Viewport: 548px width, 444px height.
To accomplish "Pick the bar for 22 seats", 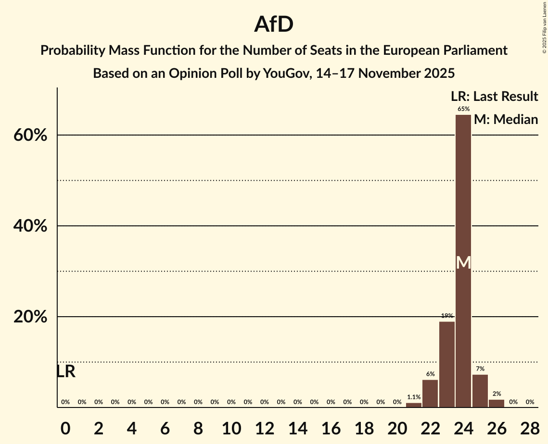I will tap(430, 394).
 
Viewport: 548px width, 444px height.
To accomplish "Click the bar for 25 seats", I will tap(480, 391).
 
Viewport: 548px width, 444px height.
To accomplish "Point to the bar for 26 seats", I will tap(497, 403).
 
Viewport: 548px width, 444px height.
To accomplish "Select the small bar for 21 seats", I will tap(414, 405).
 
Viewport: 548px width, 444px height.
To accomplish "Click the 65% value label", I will tap(463, 109).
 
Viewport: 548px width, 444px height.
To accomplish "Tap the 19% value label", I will tap(447, 316).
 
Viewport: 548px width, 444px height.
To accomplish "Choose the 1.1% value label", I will tap(414, 397).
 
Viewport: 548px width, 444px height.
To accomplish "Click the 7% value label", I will tap(480, 369).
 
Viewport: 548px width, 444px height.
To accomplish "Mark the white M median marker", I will tap(463, 262).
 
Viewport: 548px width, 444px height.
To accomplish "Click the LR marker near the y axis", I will tap(66, 371).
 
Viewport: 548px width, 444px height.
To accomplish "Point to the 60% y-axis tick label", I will tap(30, 136).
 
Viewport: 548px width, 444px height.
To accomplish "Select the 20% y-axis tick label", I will tap(30, 317).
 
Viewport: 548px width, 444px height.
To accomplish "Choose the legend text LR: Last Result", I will tap(494, 97).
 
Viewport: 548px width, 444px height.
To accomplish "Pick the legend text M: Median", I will tap(506, 119).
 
